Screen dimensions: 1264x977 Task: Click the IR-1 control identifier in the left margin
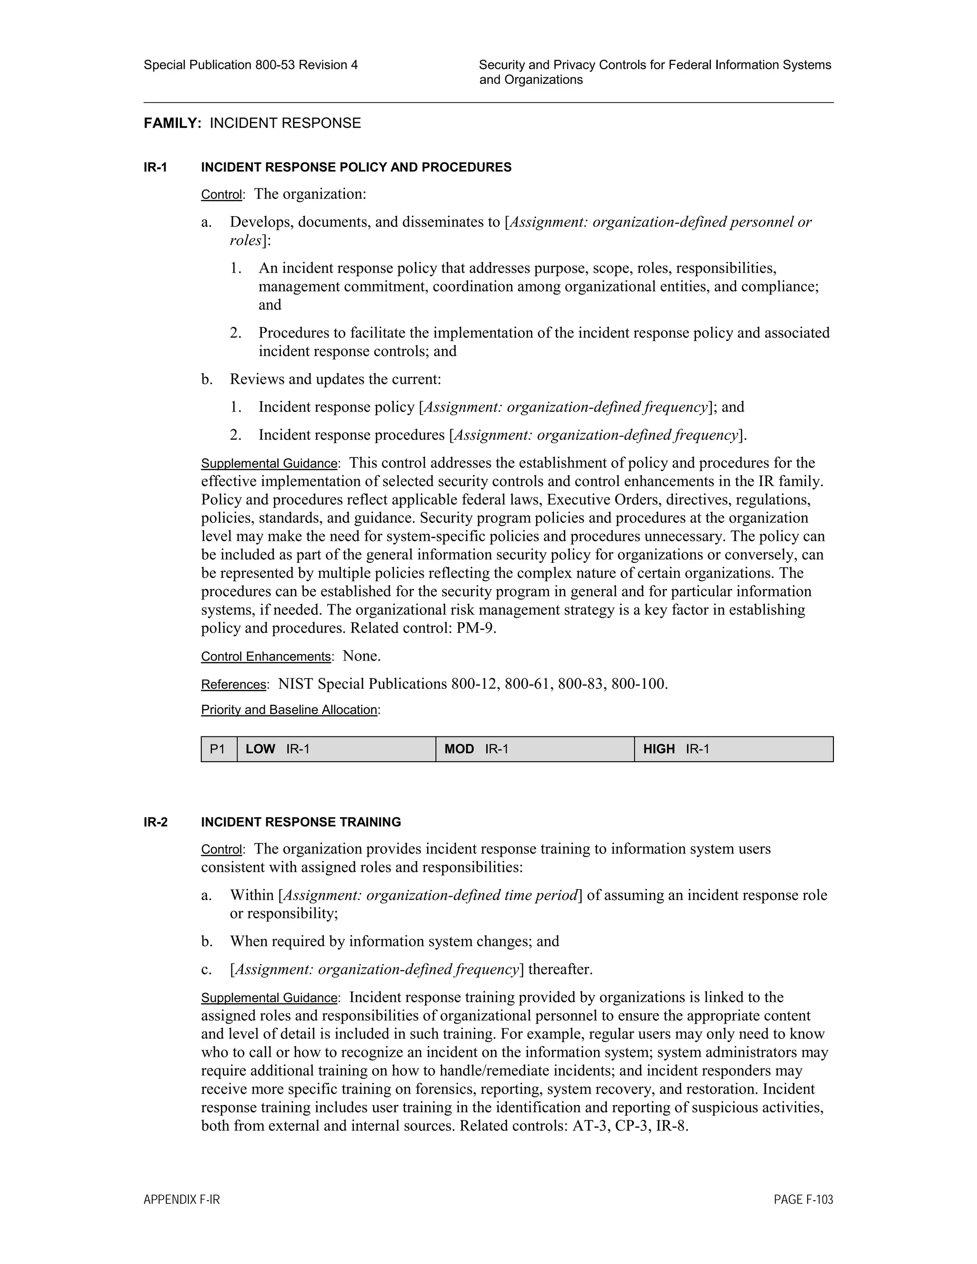pyautogui.click(x=155, y=168)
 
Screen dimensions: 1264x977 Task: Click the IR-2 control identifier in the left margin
pyautogui.click(x=156, y=822)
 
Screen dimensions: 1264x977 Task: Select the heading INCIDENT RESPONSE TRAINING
pyautogui.click(x=301, y=822)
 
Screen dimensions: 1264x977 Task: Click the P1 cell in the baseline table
pyautogui.click(x=218, y=749)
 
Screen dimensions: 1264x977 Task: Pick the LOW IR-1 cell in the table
pyautogui.click(x=336, y=749)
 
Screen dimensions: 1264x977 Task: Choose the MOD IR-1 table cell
pyautogui.click(x=534, y=749)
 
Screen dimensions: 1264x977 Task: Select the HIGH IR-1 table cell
pyautogui.click(x=733, y=749)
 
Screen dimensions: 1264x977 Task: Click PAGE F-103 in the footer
pyautogui.click(x=803, y=1200)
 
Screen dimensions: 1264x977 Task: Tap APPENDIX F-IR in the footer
pyautogui.click(x=182, y=1200)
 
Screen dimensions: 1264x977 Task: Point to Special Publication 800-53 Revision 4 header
pyautogui.click(x=250, y=65)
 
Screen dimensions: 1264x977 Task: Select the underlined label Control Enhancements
pyautogui.click(x=266, y=657)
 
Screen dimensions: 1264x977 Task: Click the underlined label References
pyautogui.click(x=233, y=684)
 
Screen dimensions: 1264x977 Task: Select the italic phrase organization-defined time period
pyautogui.click(x=472, y=895)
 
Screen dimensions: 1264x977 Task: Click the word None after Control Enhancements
pyautogui.click(x=361, y=656)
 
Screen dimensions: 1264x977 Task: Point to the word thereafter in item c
pyautogui.click(x=560, y=969)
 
